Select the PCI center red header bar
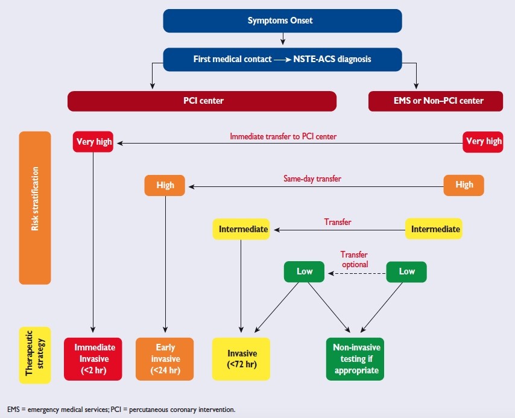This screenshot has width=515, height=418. (x=202, y=101)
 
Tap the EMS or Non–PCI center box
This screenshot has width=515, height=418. (x=435, y=101)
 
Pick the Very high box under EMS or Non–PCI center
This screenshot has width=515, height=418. (x=483, y=142)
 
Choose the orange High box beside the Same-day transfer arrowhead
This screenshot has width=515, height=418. (x=165, y=185)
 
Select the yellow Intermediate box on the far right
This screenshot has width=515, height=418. (x=435, y=229)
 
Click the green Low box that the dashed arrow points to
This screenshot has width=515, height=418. (x=305, y=271)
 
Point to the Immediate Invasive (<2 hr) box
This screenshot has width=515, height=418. (x=93, y=359)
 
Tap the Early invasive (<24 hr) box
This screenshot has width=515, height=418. (x=165, y=359)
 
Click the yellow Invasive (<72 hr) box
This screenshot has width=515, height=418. (x=241, y=359)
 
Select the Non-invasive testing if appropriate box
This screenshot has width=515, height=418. (x=355, y=359)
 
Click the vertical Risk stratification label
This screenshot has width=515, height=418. (x=34, y=207)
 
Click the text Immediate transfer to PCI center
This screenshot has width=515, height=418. (x=283, y=136)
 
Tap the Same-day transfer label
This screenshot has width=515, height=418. (x=309, y=179)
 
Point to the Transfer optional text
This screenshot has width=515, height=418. (x=354, y=259)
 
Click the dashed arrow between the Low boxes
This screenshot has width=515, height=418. (x=356, y=273)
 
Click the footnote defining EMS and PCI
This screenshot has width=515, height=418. (x=121, y=410)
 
